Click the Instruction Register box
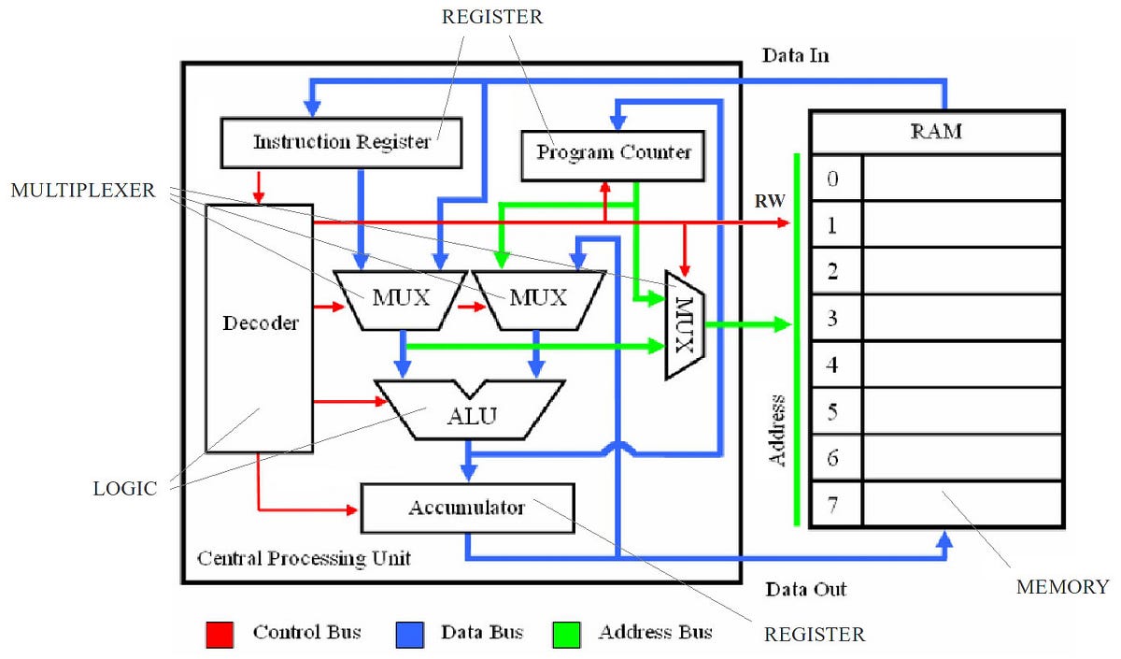pyautogui.click(x=342, y=143)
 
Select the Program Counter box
pyautogui.click(x=614, y=151)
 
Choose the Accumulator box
pyautogui.click(x=466, y=509)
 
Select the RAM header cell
pyautogui.click(x=936, y=132)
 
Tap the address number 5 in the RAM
pyautogui.click(x=834, y=411)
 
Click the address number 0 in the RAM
pyautogui.click(x=834, y=178)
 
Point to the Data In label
pyautogui.click(x=795, y=56)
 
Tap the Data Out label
pyautogui.click(x=805, y=590)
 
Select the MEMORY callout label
pyautogui.click(x=1061, y=587)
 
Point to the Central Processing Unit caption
pyautogui.click(x=304, y=559)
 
